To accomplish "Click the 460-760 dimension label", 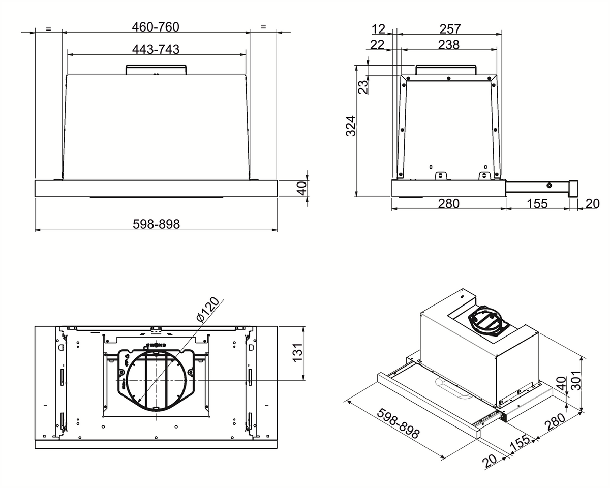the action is [156, 27].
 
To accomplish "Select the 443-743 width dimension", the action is [156, 49].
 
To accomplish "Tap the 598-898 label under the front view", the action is [156, 224].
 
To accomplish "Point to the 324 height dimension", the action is [351, 126].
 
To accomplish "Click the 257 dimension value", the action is [450, 29].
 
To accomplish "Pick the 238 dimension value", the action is [449, 45].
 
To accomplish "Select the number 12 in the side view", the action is [378, 29].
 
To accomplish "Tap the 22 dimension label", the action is [377, 45].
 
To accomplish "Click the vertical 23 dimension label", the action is [363, 87].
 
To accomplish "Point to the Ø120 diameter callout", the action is [208, 310].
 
